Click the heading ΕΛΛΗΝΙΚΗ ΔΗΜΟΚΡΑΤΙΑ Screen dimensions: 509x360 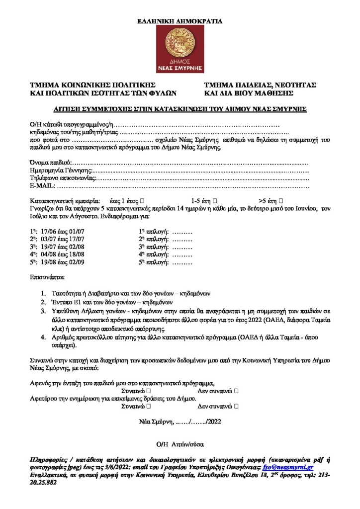coord(180,21)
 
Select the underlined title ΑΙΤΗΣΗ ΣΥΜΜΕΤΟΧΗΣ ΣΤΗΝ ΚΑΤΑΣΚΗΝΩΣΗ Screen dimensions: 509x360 coord(180,108)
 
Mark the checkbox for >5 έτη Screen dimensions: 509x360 coord(281,200)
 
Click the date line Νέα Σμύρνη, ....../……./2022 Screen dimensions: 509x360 coord(180,422)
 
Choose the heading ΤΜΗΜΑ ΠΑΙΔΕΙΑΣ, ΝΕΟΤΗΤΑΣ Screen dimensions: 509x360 coord(260,85)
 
